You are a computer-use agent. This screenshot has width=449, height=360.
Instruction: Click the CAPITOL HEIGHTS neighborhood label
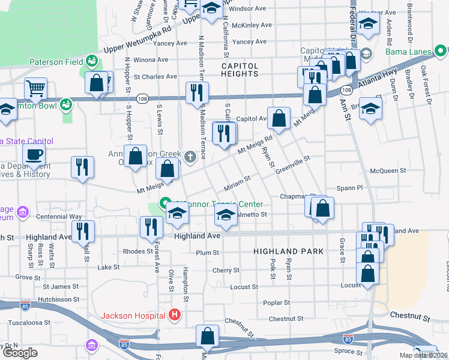tap(240, 70)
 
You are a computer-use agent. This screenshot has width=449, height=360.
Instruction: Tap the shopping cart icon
tap(36, 89)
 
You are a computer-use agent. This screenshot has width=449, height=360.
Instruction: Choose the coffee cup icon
tap(34, 155)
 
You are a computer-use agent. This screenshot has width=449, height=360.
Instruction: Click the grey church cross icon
tap(190, 158)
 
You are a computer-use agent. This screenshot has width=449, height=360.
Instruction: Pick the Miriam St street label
tap(237, 187)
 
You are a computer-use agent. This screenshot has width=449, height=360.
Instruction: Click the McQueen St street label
tap(388, 171)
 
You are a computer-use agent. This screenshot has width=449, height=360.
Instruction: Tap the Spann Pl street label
tap(351, 188)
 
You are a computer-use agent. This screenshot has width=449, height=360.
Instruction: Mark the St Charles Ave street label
tap(155, 77)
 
